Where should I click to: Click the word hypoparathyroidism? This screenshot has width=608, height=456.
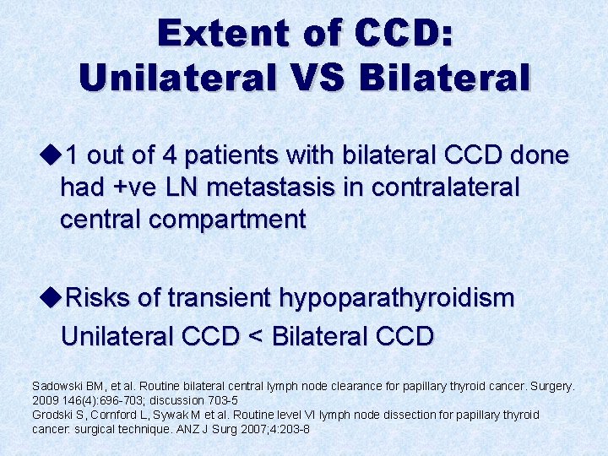(395, 297)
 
